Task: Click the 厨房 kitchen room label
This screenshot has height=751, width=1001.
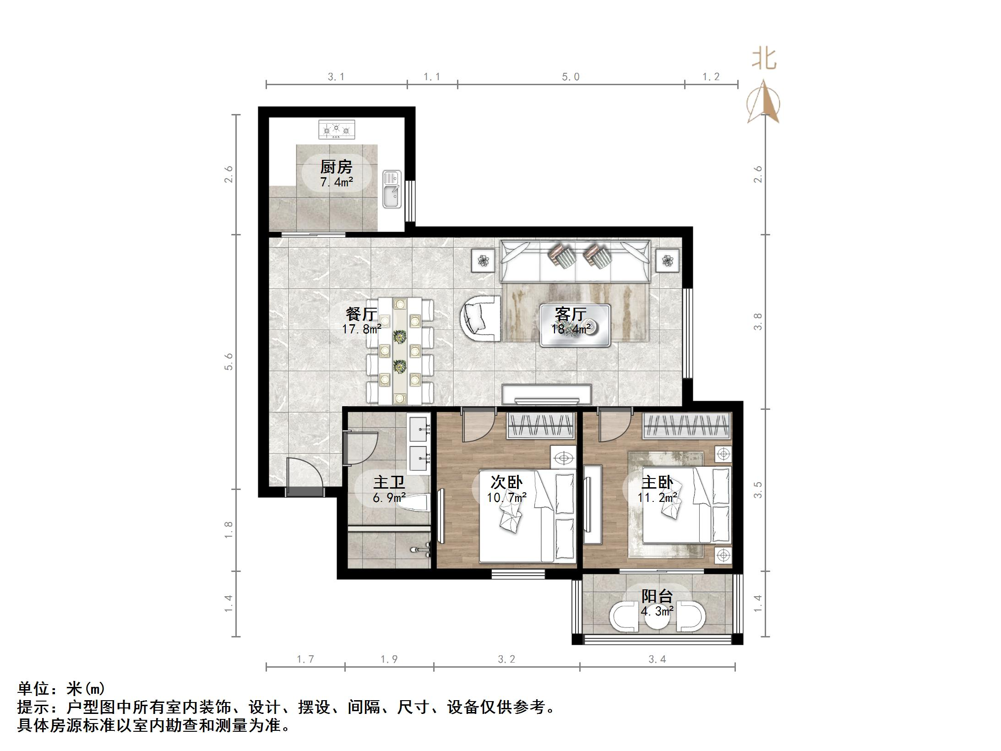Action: pyautogui.click(x=336, y=167)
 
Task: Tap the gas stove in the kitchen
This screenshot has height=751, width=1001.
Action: pyautogui.click(x=337, y=129)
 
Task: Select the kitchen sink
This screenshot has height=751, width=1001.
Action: pyautogui.click(x=392, y=190)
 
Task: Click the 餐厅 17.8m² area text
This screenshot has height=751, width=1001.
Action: pyautogui.click(x=361, y=329)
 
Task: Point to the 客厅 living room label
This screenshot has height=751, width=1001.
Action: pyautogui.click(x=571, y=315)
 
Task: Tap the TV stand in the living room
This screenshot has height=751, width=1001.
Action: pyautogui.click(x=547, y=394)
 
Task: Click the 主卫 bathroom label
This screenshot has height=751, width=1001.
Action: pyautogui.click(x=389, y=483)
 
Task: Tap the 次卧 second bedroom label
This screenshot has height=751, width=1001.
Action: pyautogui.click(x=506, y=482)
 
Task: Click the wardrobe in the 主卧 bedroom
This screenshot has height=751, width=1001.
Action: pyautogui.click(x=686, y=426)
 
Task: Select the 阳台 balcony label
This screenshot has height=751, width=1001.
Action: pyautogui.click(x=657, y=596)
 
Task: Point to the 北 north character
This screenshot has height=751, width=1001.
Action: pyautogui.click(x=764, y=60)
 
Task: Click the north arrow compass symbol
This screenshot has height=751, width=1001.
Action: pyautogui.click(x=763, y=103)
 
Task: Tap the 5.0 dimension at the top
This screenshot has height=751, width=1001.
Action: pyautogui.click(x=571, y=77)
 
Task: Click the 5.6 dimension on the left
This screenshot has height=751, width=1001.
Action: pyautogui.click(x=228, y=361)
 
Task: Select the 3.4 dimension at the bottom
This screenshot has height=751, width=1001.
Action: pyautogui.click(x=657, y=659)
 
